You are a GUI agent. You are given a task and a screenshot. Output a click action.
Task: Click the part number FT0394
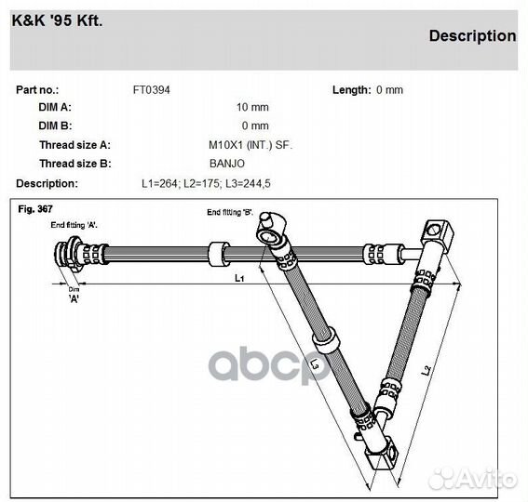point(151,90)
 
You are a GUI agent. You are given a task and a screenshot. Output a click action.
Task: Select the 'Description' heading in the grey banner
point(472,36)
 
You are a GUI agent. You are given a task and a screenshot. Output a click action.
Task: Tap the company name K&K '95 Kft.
point(57,20)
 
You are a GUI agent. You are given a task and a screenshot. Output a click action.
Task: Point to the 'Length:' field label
point(352,90)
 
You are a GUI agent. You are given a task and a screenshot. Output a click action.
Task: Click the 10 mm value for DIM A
point(252,107)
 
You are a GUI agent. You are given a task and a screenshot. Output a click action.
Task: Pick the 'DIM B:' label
point(55,125)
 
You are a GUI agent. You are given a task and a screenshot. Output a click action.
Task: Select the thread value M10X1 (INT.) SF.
point(250,145)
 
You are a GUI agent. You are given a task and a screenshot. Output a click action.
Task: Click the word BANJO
point(227,164)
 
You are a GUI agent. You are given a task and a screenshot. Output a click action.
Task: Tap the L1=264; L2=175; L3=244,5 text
point(206,183)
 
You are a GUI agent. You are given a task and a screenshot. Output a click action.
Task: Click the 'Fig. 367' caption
point(35,209)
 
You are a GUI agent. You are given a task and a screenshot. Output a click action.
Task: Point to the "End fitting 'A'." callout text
point(74,225)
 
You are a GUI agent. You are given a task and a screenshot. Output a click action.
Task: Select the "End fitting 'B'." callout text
point(230,212)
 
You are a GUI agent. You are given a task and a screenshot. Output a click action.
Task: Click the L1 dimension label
point(239,278)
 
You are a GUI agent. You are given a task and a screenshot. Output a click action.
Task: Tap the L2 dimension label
point(426,370)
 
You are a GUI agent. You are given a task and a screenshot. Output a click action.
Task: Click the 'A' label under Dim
point(74,298)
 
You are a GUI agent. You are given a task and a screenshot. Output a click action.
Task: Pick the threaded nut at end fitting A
point(68,253)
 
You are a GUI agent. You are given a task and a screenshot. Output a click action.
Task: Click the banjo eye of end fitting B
point(268,237)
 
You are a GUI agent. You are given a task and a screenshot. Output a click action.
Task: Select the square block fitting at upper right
point(438,234)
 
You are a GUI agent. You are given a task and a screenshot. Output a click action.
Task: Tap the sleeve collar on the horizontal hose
point(219,254)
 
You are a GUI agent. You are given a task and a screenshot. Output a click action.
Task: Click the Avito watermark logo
point(474,478)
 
